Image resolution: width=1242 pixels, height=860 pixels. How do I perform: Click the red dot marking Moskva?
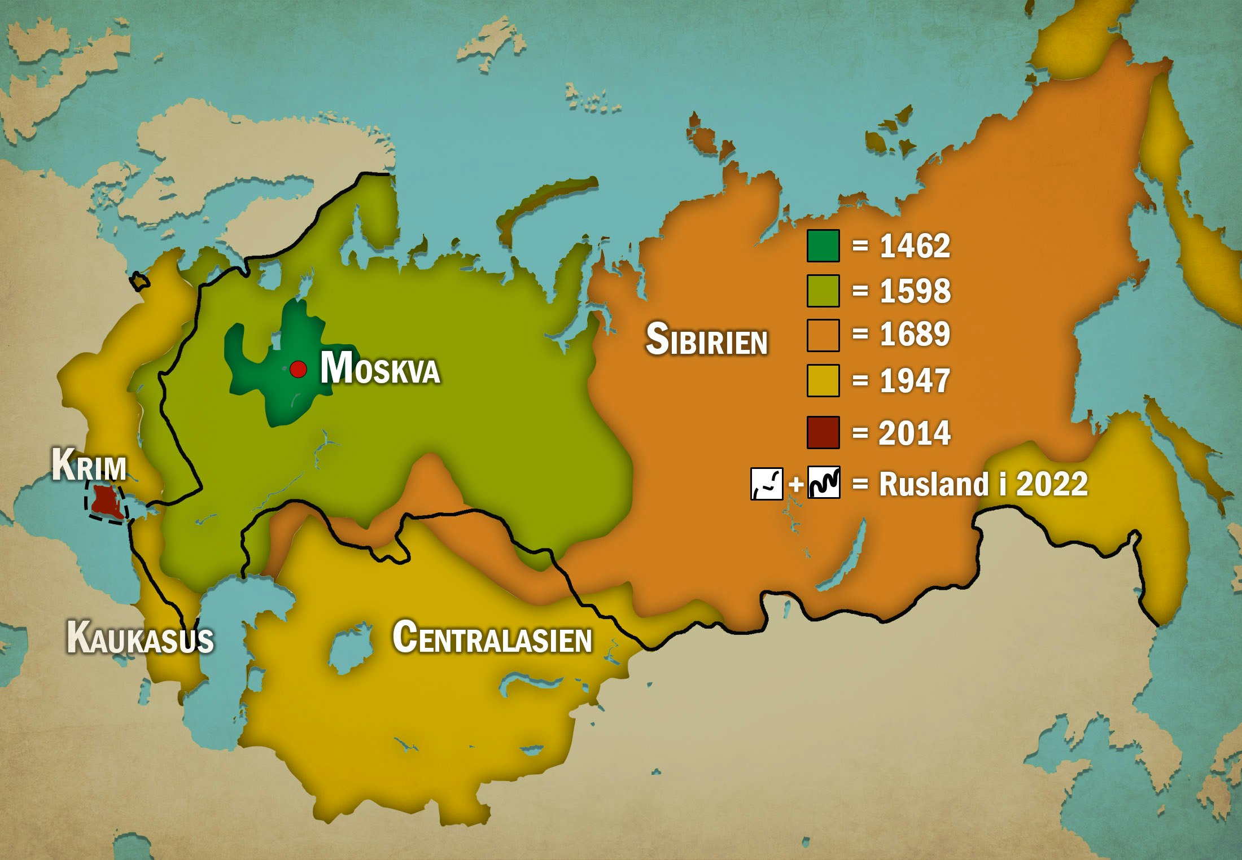tap(298, 370)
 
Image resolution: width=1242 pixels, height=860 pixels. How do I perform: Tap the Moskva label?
tap(380, 368)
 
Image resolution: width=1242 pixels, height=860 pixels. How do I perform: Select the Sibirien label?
tap(706, 340)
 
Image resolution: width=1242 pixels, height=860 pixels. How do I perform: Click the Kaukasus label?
tap(140, 638)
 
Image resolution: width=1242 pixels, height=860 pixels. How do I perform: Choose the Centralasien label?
tap(492, 638)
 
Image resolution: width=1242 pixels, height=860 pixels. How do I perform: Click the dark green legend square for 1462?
tap(823, 246)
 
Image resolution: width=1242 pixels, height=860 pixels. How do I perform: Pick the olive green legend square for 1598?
tap(823, 291)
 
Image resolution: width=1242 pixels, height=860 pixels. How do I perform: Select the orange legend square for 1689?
tap(823, 335)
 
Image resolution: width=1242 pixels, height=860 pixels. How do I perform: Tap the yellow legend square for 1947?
tap(823, 381)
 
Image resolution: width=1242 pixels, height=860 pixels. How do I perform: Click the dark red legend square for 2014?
tap(823, 433)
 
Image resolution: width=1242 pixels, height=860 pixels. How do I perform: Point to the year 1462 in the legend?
tap(915, 246)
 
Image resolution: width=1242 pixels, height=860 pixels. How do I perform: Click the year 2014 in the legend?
tap(915, 433)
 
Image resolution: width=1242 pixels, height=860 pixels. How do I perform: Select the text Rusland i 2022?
tap(983, 484)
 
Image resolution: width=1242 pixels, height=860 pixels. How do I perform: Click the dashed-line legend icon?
tap(766, 484)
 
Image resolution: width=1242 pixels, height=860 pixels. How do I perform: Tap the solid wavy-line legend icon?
tap(824, 483)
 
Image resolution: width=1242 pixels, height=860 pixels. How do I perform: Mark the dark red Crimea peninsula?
tap(106, 502)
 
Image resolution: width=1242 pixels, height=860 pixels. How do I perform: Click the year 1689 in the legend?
tap(915, 334)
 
